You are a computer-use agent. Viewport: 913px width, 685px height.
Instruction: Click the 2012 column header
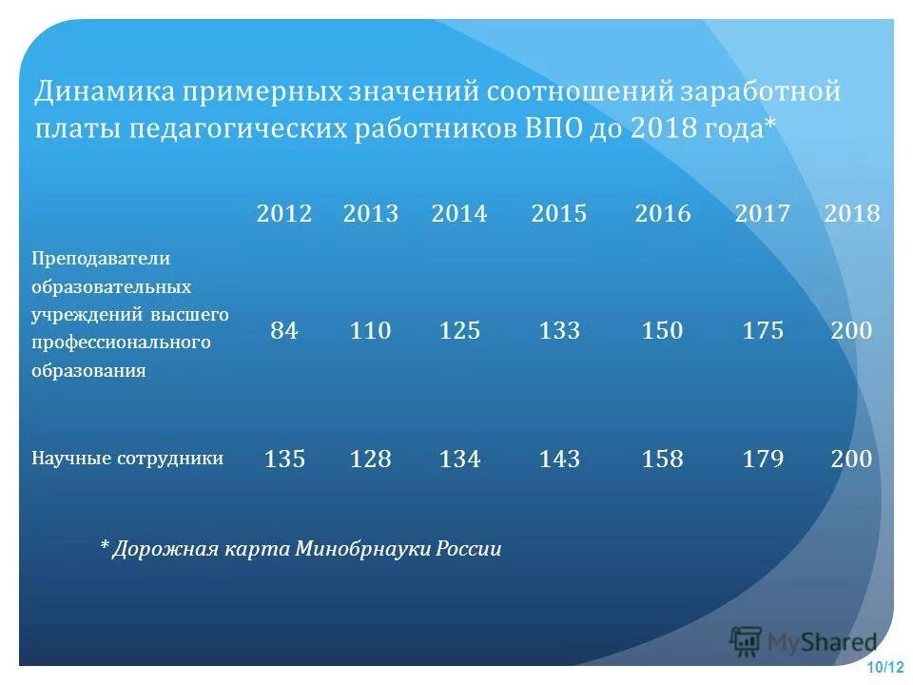283,214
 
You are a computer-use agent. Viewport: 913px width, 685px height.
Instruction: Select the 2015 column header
559,214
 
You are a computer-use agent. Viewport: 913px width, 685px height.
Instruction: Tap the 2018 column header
852,214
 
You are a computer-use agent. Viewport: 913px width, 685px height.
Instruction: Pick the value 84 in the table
284,331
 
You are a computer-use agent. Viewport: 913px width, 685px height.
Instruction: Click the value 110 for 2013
370,331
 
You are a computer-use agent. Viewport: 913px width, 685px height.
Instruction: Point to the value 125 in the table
459,331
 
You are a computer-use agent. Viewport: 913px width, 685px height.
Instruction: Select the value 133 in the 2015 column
559,331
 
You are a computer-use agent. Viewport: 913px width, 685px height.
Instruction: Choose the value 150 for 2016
662,331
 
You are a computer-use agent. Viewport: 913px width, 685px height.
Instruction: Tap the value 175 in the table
763,331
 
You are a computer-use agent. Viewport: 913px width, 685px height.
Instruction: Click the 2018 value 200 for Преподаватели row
851,331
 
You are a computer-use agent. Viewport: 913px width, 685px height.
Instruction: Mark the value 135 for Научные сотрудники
284,460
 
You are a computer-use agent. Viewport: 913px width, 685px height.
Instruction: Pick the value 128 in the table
370,460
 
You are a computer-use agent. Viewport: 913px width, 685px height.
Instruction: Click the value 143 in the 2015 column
559,460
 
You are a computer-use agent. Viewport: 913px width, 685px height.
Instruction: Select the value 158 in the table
662,460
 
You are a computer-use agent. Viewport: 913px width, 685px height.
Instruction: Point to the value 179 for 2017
763,460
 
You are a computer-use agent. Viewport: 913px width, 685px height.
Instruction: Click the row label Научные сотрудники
128,459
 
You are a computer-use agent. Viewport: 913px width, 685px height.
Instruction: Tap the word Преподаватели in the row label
101,259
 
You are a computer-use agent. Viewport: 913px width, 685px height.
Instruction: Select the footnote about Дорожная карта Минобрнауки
301,549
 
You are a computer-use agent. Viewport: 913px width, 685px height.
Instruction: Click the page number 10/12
885,669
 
